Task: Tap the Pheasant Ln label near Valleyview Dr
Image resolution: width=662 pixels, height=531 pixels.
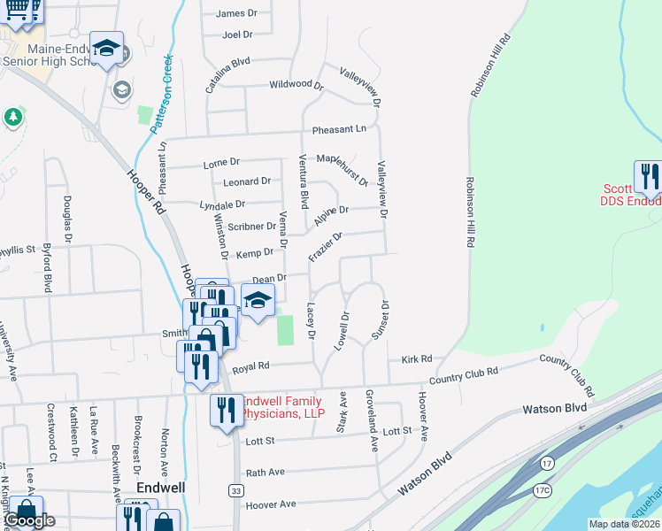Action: point(338,129)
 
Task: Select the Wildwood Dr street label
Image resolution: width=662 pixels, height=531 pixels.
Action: point(296,85)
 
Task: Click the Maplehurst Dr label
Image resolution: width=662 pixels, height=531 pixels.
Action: point(343,169)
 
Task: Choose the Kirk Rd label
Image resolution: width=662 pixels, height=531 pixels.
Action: point(416,359)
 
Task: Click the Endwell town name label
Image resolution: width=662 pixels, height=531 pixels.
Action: point(159,488)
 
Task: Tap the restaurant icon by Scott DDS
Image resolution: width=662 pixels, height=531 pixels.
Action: point(650,176)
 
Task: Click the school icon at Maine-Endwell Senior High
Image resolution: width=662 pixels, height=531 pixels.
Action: point(107,49)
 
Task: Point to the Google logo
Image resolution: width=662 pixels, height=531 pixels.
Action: point(30,519)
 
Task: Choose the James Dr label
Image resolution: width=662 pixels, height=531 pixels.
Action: point(230,13)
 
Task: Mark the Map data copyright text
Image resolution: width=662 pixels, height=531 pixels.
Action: point(621,524)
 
